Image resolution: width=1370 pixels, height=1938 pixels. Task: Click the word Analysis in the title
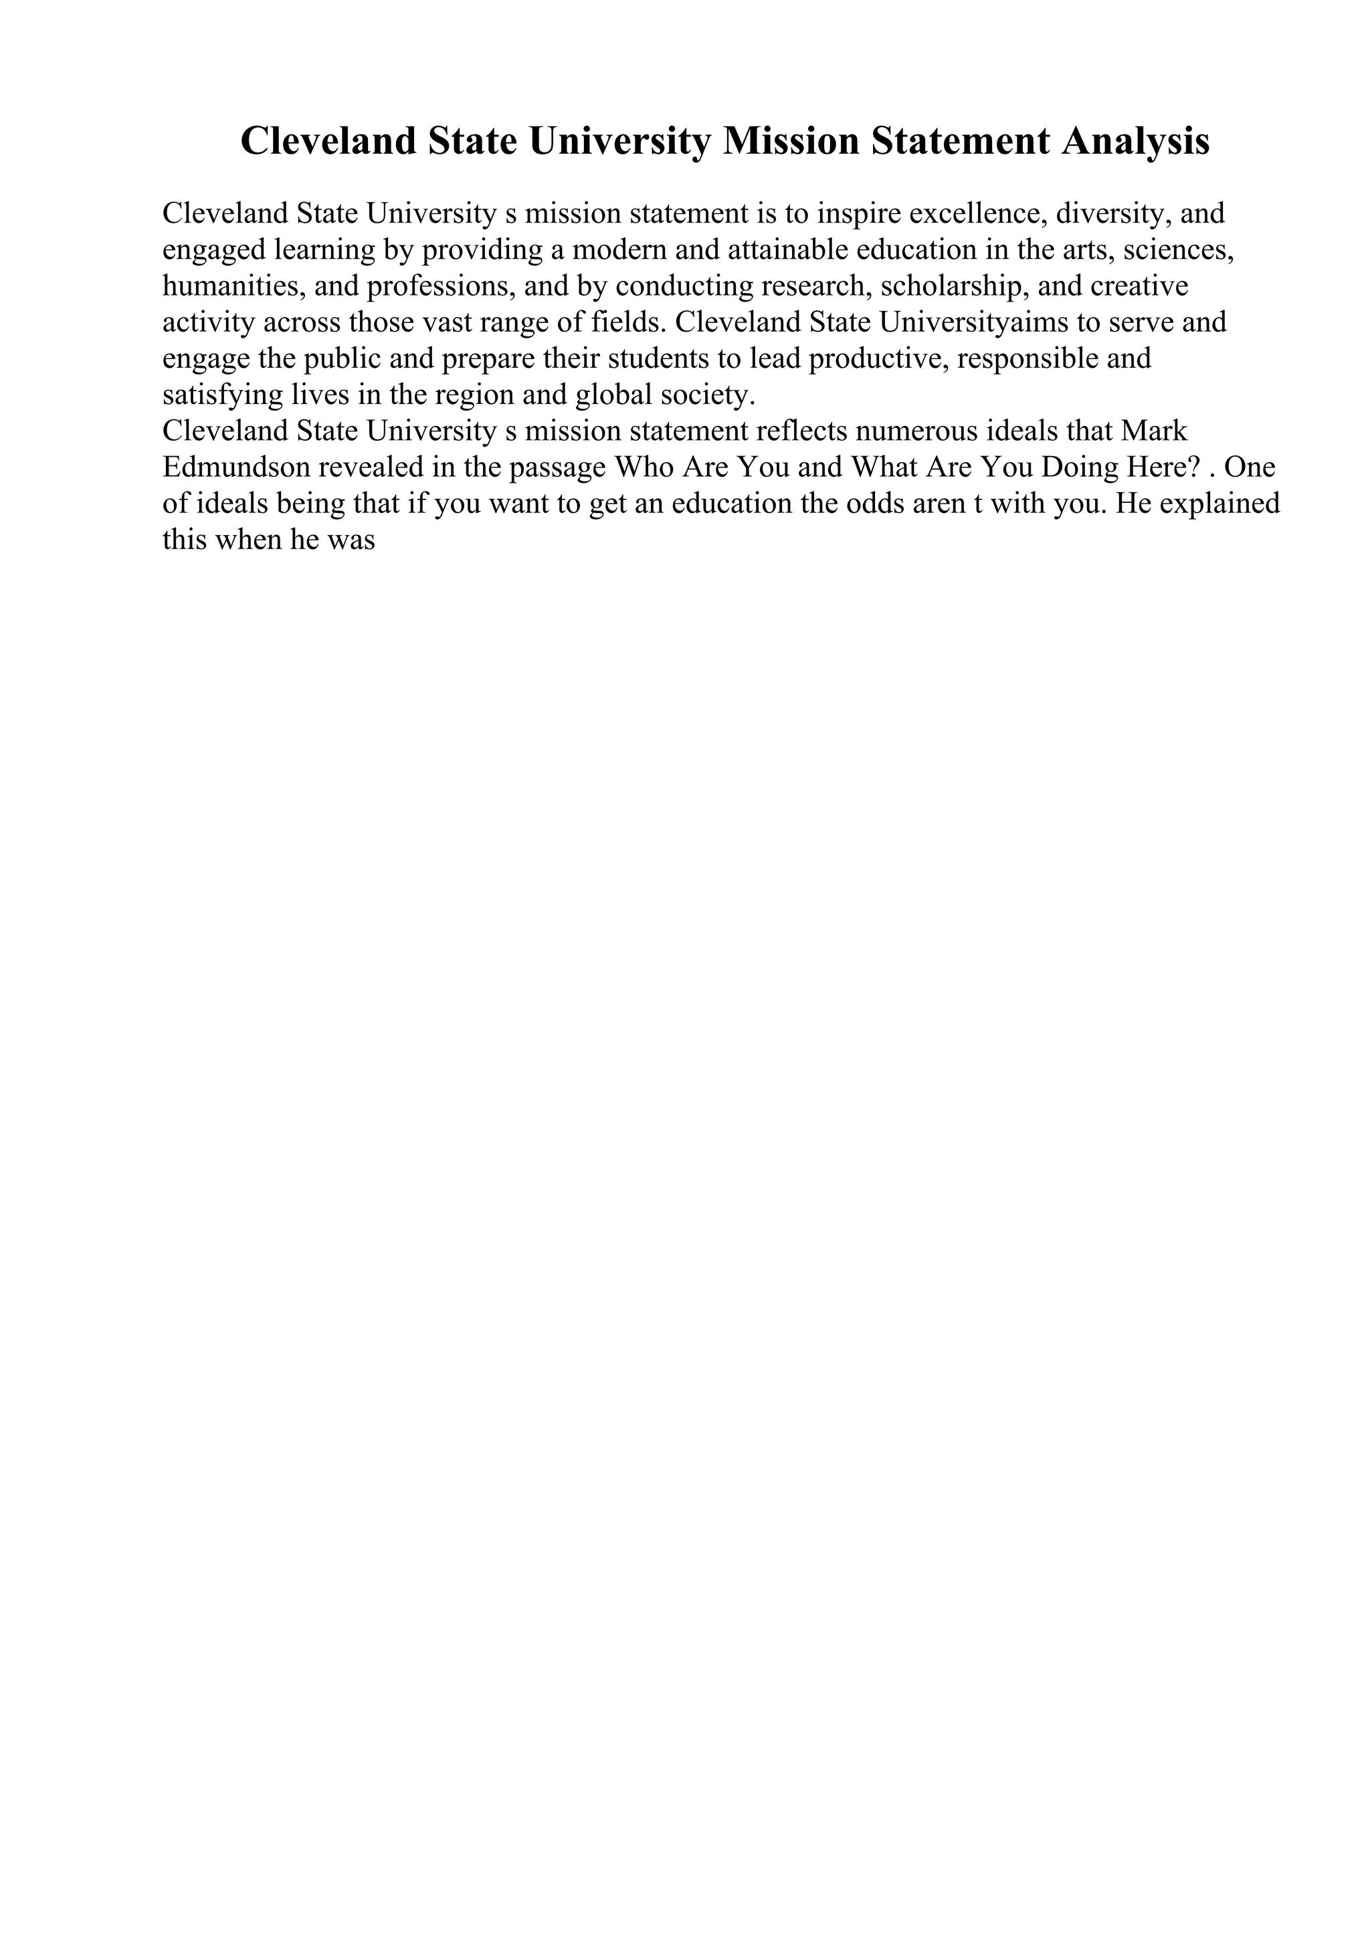point(1135,141)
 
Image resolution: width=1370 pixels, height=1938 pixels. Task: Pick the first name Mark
point(1154,431)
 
